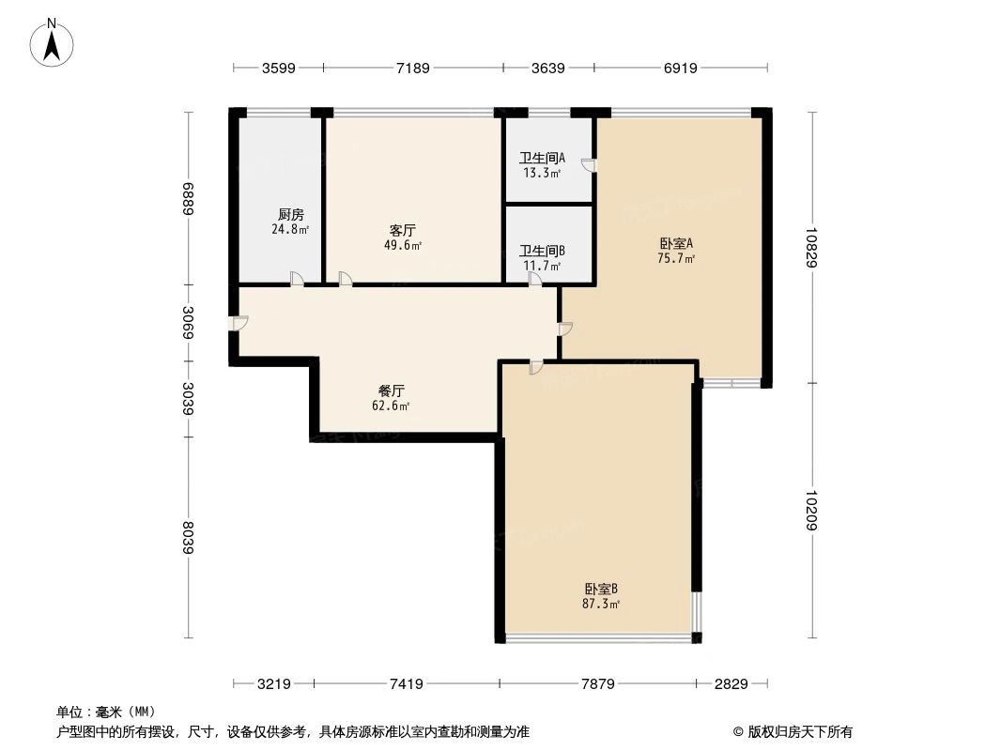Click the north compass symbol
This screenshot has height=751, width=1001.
click(x=54, y=42)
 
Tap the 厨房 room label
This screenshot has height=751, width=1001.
click(x=291, y=214)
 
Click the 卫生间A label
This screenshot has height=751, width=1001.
click(x=542, y=158)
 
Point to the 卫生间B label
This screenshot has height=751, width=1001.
click(x=542, y=251)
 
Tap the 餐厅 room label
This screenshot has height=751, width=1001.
click(x=391, y=391)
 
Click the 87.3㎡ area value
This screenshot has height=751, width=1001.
click(x=601, y=604)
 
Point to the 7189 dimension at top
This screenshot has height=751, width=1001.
click(x=413, y=68)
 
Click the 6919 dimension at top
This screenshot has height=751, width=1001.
click(x=680, y=68)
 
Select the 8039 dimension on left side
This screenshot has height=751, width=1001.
click(x=189, y=538)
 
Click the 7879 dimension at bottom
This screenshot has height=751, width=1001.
click(x=598, y=684)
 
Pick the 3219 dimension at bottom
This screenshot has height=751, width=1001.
click(x=274, y=684)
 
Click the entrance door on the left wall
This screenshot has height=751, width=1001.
click(x=239, y=323)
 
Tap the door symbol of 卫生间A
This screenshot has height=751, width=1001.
click(x=587, y=166)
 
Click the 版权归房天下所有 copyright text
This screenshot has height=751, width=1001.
click(x=792, y=731)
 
